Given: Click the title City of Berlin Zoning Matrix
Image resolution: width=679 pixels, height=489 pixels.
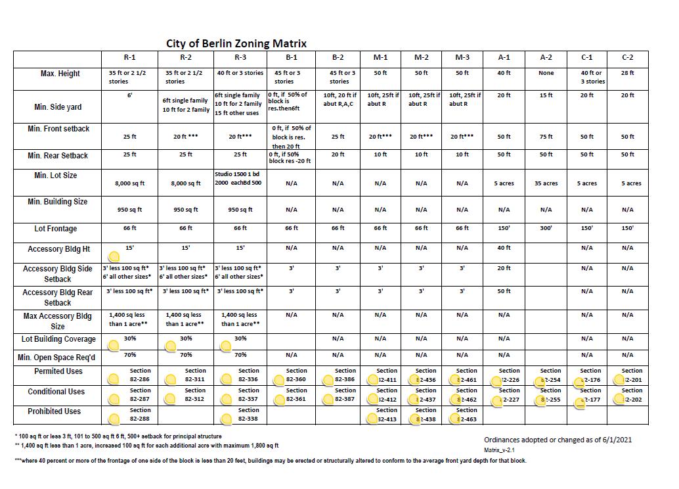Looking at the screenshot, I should click(x=236, y=43).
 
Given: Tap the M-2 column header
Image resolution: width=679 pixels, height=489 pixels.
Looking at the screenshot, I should click(x=422, y=58).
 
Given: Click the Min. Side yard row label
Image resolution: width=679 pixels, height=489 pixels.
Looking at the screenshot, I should click(x=58, y=106).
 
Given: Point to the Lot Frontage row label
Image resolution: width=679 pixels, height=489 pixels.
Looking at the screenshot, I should click(x=56, y=229).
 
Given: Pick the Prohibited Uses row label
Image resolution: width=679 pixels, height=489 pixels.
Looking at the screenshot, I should click(x=54, y=411).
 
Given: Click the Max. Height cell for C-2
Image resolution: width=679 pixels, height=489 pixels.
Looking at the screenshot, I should click(x=627, y=73).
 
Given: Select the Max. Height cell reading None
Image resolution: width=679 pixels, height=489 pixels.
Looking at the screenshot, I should click(x=546, y=73).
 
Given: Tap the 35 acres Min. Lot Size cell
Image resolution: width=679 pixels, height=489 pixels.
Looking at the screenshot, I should click(x=546, y=183).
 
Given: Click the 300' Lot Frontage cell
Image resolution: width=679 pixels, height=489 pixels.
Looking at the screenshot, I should click(x=546, y=228).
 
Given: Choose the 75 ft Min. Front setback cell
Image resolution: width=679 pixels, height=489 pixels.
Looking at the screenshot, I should click(x=546, y=137).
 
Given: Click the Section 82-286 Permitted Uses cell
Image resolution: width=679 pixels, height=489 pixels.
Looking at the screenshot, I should click(x=140, y=375).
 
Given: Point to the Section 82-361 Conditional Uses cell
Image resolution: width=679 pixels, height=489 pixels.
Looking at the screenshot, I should click(x=296, y=395).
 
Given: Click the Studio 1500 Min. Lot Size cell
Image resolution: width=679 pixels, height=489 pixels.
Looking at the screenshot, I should click(x=240, y=178).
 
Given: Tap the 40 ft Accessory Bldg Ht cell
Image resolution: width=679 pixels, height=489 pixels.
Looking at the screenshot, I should click(x=504, y=248).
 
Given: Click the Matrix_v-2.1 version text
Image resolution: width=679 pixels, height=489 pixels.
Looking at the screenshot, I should click(x=500, y=450).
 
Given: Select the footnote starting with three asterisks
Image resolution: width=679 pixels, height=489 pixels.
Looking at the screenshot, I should click(x=270, y=461).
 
